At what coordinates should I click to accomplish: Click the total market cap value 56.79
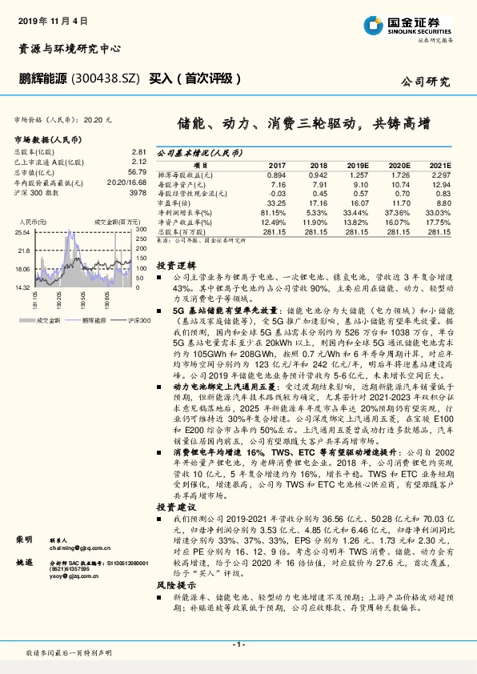tap(136, 171)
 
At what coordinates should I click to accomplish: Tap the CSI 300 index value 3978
tap(138, 192)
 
